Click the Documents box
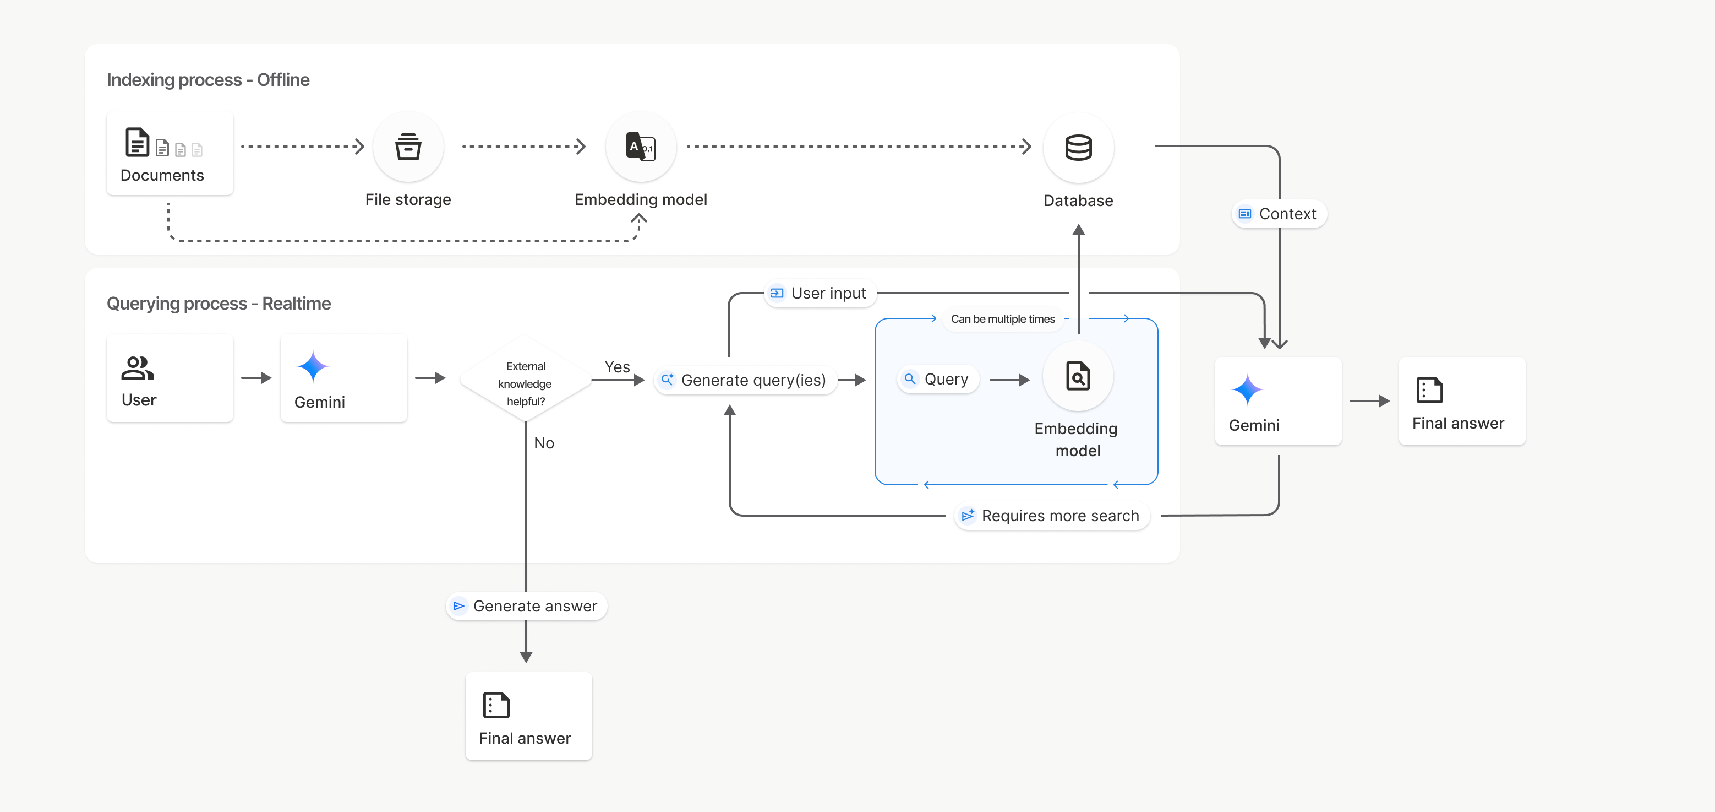tap(170, 154)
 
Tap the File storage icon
tap(408, 147)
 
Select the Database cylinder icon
tap(1078, 147)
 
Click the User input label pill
tap(820, 293)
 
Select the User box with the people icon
tap(170, 378)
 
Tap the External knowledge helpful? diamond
tap(525, 383)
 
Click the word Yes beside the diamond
tap(616, 366)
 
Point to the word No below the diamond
tap(544, 443)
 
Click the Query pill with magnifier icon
tap(937, 379)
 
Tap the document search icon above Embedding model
tap(1077, 376)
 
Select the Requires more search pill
tap(1051, 516)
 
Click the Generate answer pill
tap(526, 606)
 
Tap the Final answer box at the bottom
tap(528, 716)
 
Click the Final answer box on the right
tap(1461, 401)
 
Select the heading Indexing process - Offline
tap(207, 80)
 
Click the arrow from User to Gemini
tap(256, 378)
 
